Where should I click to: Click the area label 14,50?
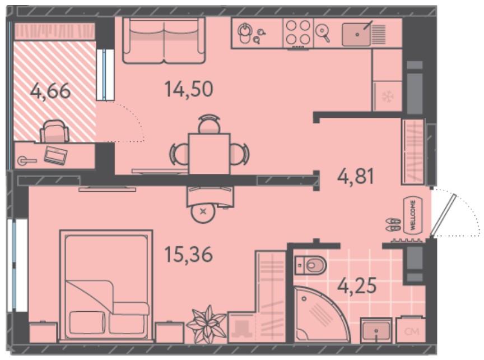tap(189, 89)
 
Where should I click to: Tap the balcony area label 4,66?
tap(50, 91)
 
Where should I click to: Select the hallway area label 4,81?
tap(356, 176)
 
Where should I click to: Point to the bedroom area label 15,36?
tap(189, 255)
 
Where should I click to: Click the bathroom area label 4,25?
tap(357, 285)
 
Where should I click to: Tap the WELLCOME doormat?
tap(413, 215)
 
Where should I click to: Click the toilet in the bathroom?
tap(310, 265)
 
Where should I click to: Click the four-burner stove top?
tap(298, 33)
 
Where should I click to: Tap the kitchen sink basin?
tap(356, 35)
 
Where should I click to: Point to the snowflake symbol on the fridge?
tap(387, 96)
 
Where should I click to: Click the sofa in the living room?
tap(164, 40)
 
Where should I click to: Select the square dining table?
tap(210, 154)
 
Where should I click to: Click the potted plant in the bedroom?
tap(207, 325)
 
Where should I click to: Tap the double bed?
tap(106, 285)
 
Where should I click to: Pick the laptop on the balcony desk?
tap(55, 155)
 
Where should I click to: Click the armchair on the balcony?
tap(54, 131)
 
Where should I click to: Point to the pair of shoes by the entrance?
tap(393, 225)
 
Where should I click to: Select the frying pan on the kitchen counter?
tap(323, 33)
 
